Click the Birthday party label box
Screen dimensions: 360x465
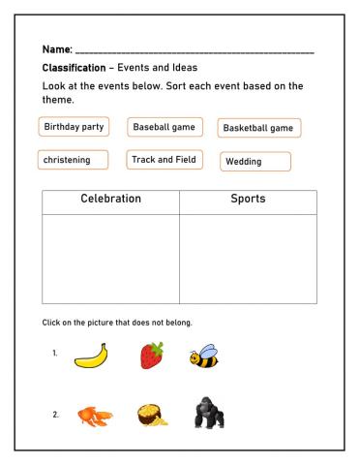75,127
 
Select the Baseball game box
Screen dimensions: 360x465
163,127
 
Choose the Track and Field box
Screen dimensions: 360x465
165,160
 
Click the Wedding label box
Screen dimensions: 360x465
255,162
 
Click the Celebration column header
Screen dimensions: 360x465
110,201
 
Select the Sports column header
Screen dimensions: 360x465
248,201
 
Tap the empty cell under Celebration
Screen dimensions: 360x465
110,258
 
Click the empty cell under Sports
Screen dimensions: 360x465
248,258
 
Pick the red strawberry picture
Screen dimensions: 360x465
151,354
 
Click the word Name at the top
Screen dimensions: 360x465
57,49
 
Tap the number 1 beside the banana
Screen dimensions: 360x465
55,353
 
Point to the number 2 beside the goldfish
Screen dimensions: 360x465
55,415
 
